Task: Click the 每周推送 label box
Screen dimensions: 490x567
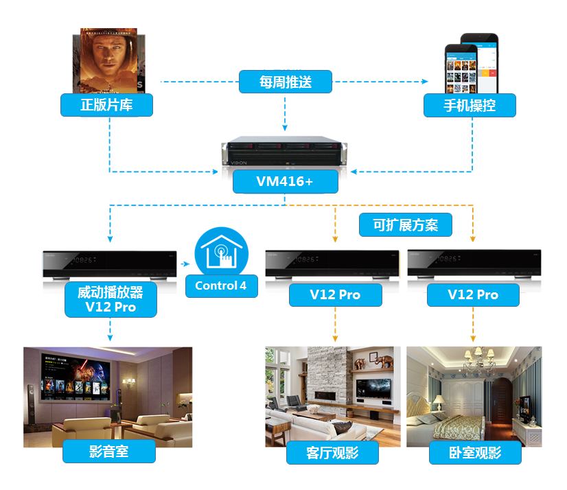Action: coord(286,82)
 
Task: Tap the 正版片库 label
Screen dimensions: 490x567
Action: coord(106,105)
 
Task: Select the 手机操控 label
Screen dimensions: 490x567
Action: coord(470,105)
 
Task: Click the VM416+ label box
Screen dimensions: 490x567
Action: coord(286,182)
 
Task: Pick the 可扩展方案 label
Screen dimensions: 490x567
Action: coord(405,224)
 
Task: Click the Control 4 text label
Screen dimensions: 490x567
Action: coord(221,286)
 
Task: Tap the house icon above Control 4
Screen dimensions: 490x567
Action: coord(221,251)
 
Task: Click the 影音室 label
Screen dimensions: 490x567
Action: coord(109,451)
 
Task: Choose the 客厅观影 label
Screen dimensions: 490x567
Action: coord(332,453)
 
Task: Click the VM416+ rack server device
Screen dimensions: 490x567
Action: coord(286,154)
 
